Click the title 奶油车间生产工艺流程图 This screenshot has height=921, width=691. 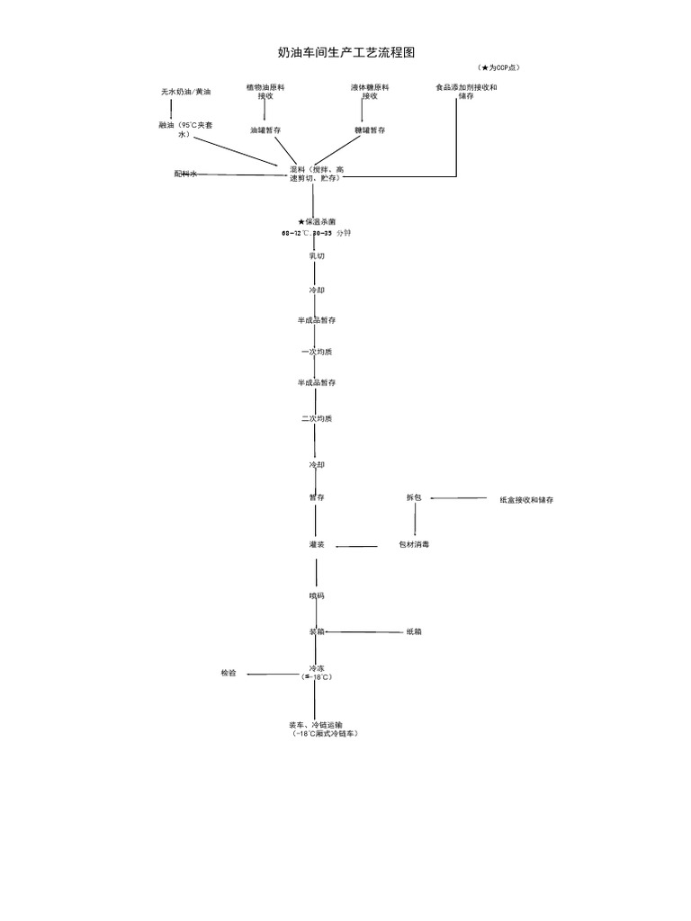pyautogui.click(x=346, y=53)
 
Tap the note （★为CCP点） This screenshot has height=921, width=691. pyautogui.click(x=500, y=68)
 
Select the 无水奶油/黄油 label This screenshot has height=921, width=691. pyautogui.click(x=186, y=92)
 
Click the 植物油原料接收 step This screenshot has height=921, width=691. pyautogui.click(x=265, y=92)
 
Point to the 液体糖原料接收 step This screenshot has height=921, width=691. pyautogui.click(x=370, y=92)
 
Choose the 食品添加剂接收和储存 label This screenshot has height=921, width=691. pyautogui.click(x=466, y=92)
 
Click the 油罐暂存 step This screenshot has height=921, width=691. pyautogui.click(x=265, y=130)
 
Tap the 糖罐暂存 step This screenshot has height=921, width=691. pyautogui.click(x=370, y=130)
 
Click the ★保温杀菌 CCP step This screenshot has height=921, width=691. pyautogui.click(x=316, y=221)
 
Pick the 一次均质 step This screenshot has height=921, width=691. pyautogui.click(x=317, y=352)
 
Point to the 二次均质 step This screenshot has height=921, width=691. pyautogui.click(x=317, y=418)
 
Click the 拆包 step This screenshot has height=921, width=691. pyautogui.click(x=414, y=497)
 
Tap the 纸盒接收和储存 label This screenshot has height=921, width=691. pyautogui.click(x=526, y=500)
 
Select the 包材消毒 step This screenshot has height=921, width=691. pyautogui.click(x=414, y=545)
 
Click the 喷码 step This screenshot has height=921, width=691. pyautogui.click(x=317, y=596)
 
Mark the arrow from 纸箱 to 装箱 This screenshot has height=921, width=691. pyautogui.click(x=363, y=632)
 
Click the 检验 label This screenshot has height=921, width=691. pyautogui.click(x=229, y=673)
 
